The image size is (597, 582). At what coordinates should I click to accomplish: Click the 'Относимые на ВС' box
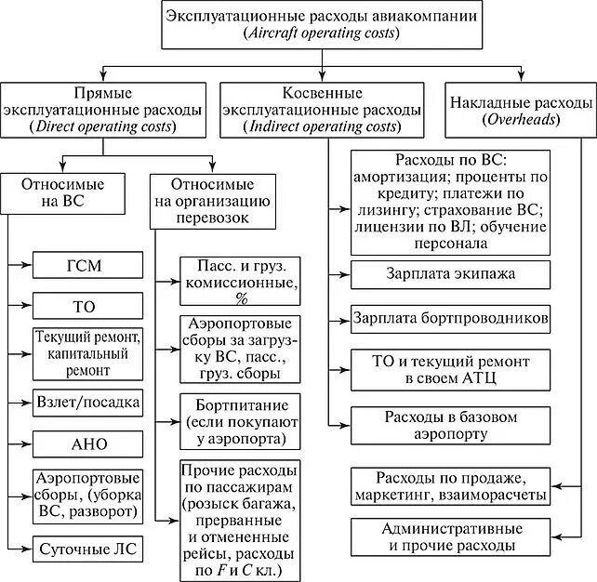(x=62, y=192)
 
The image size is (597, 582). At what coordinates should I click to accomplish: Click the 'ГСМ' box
(x=88, y=266)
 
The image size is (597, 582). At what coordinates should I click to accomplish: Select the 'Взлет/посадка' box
(x=88, y=403)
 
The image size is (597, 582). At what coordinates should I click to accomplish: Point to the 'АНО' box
(x=88, y=443)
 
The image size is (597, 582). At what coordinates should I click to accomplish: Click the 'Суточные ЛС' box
(x=88, y=549)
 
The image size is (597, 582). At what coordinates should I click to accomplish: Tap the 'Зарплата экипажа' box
(x=450, y=274)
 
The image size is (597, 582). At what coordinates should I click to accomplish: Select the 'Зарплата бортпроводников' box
(x=450, y=318)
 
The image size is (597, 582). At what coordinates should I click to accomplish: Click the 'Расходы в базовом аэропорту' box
(x=450, y=425)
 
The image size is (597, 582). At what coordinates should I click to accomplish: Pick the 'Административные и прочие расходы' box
(x=450, y=536)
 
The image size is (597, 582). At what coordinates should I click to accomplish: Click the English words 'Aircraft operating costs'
(x=321, y=33)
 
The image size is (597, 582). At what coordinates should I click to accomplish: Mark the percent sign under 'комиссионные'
(x=242, y=298)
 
